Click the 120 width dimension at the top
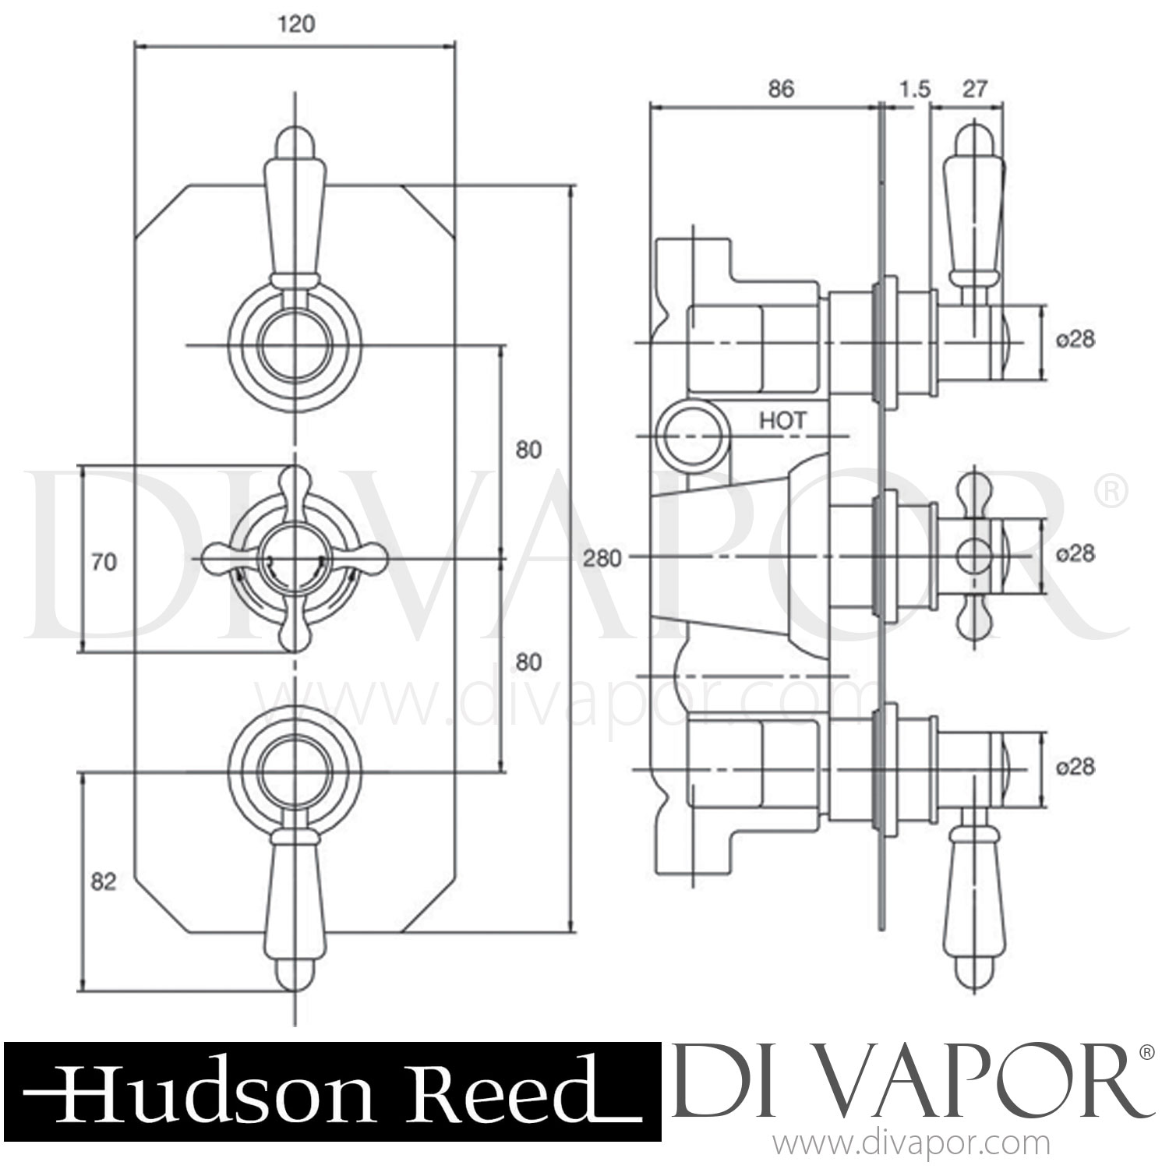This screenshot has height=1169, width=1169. [x=296, y=25]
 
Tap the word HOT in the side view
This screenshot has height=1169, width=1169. [x=782, y=421]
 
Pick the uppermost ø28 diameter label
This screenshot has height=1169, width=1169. [x=1075, y=339]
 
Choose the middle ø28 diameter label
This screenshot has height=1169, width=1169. [x=1075, y=553]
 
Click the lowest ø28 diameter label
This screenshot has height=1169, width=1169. [x=1075, y=768]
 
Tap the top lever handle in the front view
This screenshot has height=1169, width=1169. [x=295, y=210]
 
